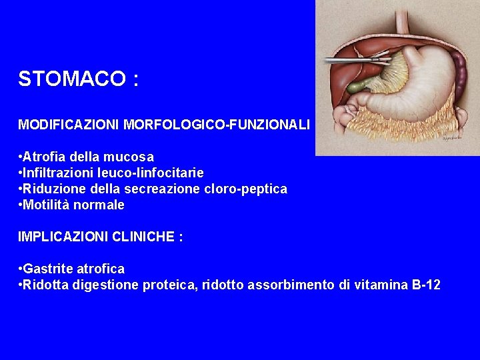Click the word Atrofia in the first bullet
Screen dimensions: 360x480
pos(43,157)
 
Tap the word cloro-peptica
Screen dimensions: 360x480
pos(247,189)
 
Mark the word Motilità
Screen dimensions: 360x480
pos(46,205)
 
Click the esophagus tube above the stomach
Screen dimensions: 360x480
pos(401,20)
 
